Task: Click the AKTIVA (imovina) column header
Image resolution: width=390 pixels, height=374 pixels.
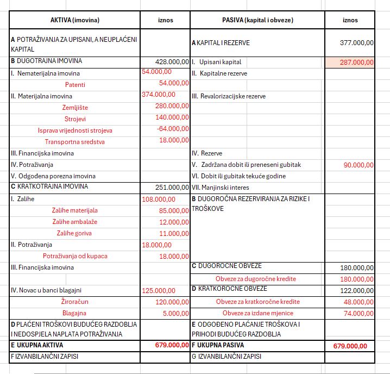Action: (74, 20)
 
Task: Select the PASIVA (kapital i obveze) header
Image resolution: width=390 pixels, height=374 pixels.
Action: (257, 20)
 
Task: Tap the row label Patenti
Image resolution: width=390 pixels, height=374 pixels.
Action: (75, 84)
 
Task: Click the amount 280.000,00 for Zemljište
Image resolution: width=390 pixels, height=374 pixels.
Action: (172, 107)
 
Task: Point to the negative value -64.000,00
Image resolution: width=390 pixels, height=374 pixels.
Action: (173, 129)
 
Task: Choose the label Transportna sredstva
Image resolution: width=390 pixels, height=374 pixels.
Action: (75, 141)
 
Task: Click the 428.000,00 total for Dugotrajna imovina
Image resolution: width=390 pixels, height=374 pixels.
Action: (172, 62)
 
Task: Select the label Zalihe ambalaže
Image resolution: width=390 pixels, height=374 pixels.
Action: (75, 222)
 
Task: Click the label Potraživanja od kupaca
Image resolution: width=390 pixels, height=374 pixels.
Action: (75, 256)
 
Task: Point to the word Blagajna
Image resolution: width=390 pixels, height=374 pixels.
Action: (75, 313)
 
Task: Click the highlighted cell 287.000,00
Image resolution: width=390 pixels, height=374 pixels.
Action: (356, 62)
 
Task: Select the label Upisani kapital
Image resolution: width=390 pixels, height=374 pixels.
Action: (220, 62)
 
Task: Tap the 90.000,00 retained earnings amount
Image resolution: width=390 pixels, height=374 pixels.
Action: (358, 165)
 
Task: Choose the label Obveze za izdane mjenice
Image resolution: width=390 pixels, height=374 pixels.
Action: (257, 313)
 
